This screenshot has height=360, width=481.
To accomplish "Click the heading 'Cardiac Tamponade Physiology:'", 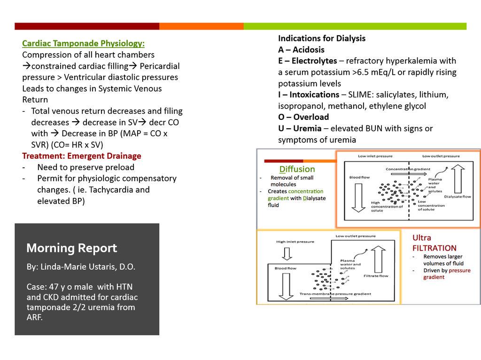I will coord(83,43).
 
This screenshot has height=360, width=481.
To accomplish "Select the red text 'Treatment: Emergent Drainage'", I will coord(81,156).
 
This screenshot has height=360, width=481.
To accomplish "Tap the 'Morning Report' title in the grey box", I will coord(71,248).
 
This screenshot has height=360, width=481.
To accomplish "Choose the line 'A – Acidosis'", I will coord(301,50).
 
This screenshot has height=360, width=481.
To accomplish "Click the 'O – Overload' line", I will coord(303,117).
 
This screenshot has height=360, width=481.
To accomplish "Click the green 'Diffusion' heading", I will coord(297,169).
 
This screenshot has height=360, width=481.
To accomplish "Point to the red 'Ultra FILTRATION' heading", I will coord(434,243).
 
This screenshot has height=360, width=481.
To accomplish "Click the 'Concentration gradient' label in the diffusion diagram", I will coord(405,169).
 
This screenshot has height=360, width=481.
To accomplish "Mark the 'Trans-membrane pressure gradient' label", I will coord(335,294).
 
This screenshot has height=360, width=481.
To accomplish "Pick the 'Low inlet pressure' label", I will coord(375,156).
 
